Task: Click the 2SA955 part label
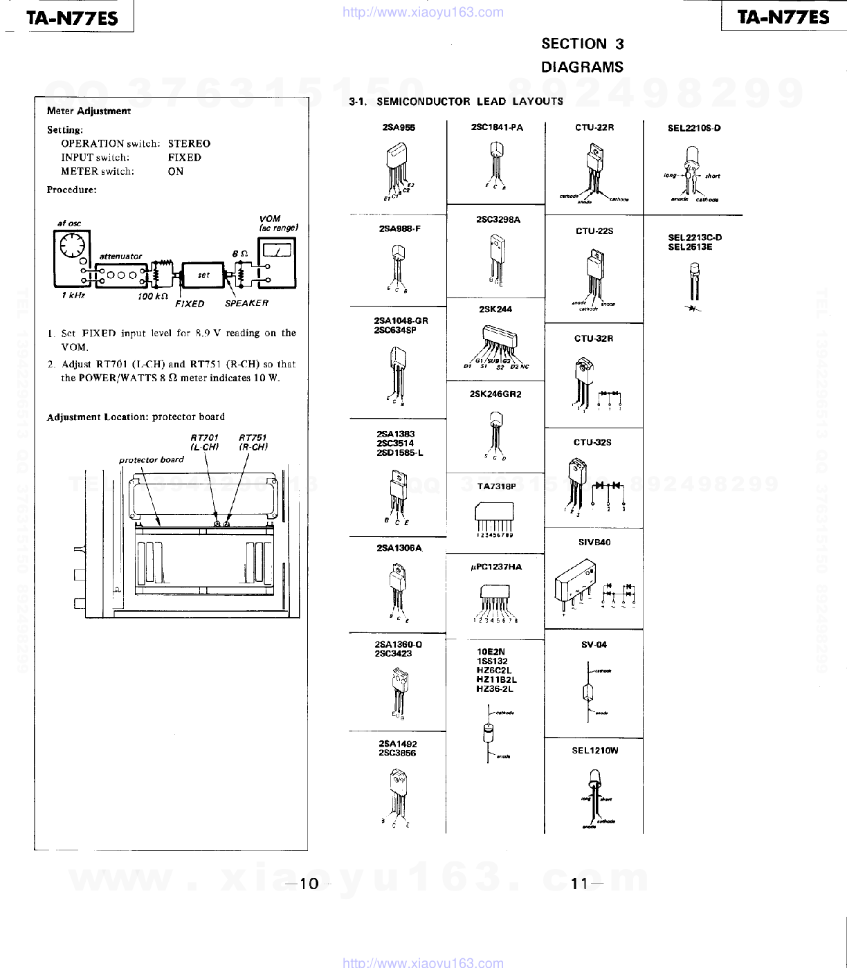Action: tap(399, 127)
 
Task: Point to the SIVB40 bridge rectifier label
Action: tap(594, 542)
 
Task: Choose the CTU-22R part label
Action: tap(594, 127)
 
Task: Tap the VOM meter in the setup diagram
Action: tap(277, 263)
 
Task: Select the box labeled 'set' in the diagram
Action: tap(203, 275)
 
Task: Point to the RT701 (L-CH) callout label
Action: tap(204, 442)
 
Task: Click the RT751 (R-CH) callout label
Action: tap(253, 442)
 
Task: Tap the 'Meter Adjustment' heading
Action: tap(89, 111)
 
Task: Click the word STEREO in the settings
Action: tap(189, 144)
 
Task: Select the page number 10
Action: tap(309, 884)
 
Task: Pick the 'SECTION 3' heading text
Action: tap(582, 44)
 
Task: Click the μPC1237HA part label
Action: tap(495, 567)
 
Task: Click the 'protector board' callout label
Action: tap(151, 459)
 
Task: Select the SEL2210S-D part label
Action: tap(694, 128)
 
